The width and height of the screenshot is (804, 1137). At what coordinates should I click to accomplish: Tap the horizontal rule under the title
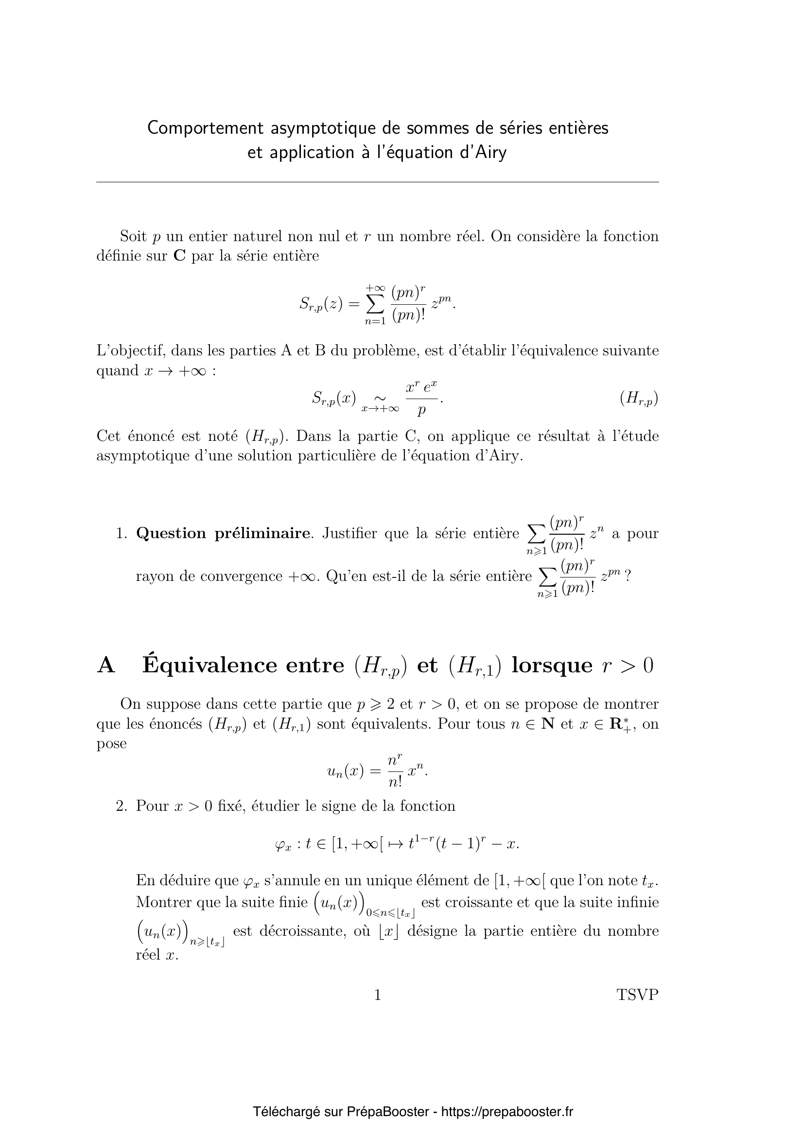tap(377, 182)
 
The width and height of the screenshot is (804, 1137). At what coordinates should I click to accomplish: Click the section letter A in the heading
tap(106, 665)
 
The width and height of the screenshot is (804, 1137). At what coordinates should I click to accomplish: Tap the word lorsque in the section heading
tap(552, 665)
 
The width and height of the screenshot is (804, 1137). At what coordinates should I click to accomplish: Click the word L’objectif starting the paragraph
tap(130, 351)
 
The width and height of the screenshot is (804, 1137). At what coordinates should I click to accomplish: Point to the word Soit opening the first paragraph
tap(133, 236)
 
